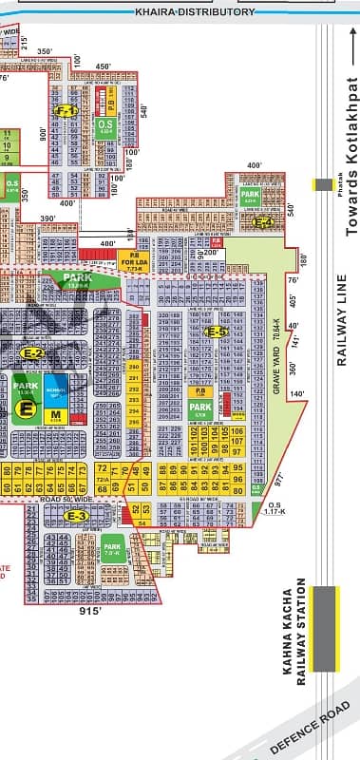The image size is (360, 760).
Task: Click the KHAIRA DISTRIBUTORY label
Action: tap(196, 11)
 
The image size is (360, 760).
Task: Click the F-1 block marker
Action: tap(66, 110)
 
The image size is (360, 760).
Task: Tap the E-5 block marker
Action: tap(218, 305)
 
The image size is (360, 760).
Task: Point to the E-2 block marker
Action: tap(34, 353)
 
